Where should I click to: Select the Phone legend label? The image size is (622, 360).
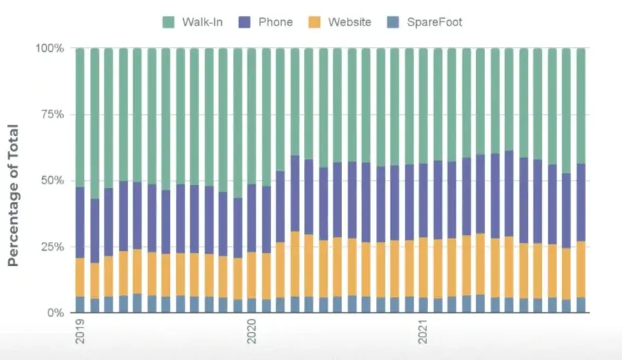click(x=275, y=22)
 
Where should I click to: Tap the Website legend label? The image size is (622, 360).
click(x=349, y=22)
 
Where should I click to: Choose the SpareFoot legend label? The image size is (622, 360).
click(x=435, y=22)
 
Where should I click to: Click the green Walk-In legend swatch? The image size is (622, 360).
click(x=169, y=22)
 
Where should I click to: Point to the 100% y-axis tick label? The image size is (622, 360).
click(x=49, y=49)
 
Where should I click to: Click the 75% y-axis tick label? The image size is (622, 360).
click(x=52, y=115)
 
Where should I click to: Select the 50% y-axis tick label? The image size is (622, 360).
click(x=52, y=181)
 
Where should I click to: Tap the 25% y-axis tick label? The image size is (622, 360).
click(x=52, y=247)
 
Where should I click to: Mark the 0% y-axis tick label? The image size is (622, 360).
click(x=55, y=313)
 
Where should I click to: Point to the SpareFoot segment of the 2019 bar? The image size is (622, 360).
click(x=80, y=305)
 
